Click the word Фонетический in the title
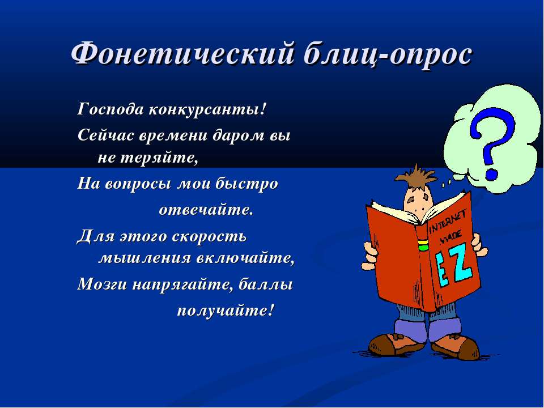[184, 53]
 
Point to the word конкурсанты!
[207, 110]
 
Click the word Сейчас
[106, 135]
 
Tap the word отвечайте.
[206, 210]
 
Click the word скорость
[209, 237]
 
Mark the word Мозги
[103, 284]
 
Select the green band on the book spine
[423, 247]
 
